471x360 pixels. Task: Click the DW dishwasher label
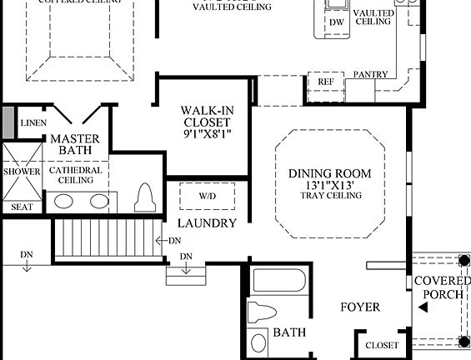point(337,22)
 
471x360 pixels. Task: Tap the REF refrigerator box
point(325,82)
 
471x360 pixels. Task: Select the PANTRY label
point(370,75)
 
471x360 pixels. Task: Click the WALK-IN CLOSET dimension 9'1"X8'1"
point(206,133)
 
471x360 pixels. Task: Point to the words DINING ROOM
point(330,173)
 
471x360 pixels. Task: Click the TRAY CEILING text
point(331,196)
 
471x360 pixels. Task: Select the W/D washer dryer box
point(207,196)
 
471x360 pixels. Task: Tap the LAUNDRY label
point(207,223)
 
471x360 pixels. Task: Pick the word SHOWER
point(21,172)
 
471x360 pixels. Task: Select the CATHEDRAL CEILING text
point(76,174)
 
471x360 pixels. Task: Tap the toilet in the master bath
point(145,197)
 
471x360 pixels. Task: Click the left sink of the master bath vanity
point(63,201)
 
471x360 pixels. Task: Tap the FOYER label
point(360,307)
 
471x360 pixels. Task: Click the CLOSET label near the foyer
point(382,345)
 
